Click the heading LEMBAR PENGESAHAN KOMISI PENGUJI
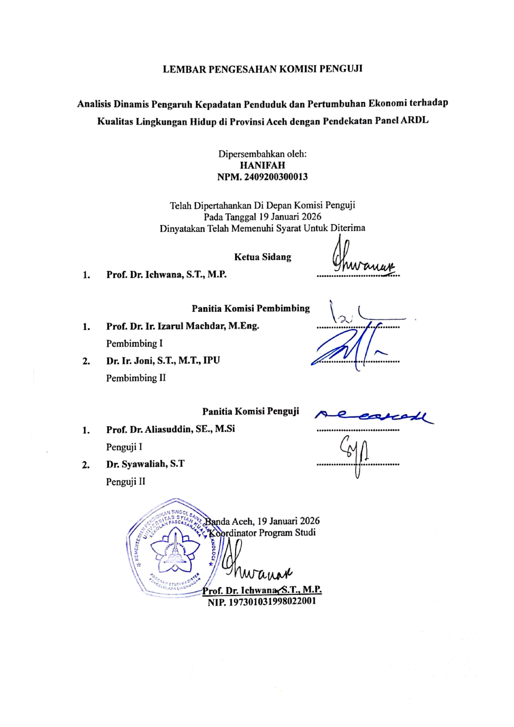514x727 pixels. coord(262,69)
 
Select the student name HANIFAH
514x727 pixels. coord(262,165)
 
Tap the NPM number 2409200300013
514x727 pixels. coord(262,177)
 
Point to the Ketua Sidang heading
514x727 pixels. coord(262,257)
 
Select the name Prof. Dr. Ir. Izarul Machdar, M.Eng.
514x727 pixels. coord(182,326)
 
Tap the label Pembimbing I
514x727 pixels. coord(134,343)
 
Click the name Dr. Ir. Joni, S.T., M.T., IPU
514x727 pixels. coord(163,360)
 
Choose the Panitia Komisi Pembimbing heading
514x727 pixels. coord(250,308)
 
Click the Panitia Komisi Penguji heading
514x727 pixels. coord(250,411)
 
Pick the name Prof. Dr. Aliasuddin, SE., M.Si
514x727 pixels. coord(170,429)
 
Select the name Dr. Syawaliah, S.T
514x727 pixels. coord(145,464)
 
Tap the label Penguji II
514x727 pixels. coord(126,482)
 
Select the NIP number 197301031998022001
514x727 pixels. coord(262,601)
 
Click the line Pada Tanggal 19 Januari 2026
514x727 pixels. coord(262,216)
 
